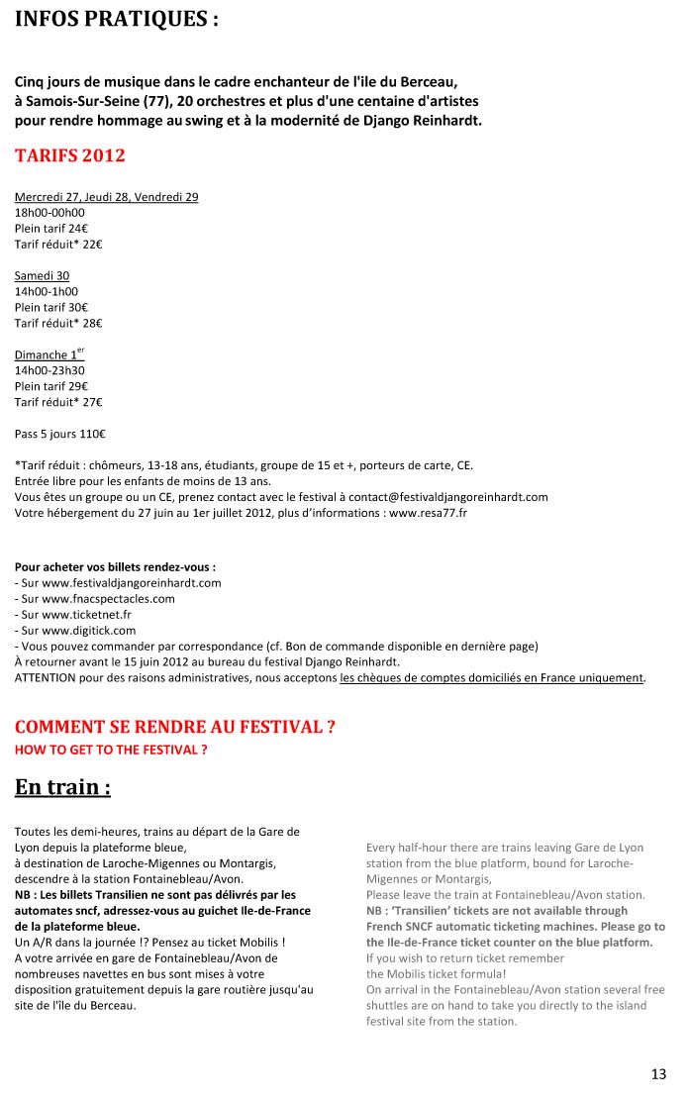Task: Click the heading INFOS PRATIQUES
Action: coord(116,19)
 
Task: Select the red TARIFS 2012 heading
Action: coord(69,156)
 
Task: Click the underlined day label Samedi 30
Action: coord(42,275)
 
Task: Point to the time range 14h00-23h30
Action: coord(49,370)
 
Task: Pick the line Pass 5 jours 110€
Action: coord(60,434)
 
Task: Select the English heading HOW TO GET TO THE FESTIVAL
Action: coord(111,751)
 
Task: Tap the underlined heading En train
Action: coord(61,788)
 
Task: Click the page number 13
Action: coord(658,1074)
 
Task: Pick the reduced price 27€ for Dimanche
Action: coord(91,402)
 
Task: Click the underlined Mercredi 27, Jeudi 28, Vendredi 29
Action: coord(106,197)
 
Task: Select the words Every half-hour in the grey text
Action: coord(404,849)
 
